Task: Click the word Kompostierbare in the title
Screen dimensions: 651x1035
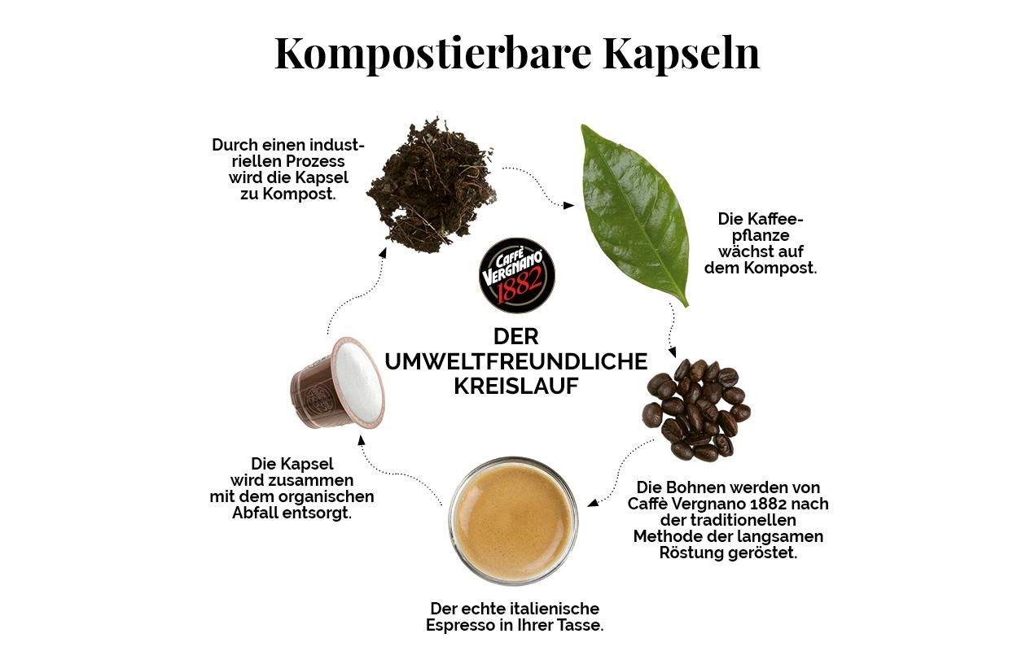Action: pyautogui.click(x=432, y=54)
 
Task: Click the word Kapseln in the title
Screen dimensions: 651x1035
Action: pyautogui.click(x=681, y=54)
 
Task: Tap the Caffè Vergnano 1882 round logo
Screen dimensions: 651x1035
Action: pyautogui.click(x=516, y=276)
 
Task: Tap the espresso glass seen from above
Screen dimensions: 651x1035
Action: pyautogui.click(x=512, y=521)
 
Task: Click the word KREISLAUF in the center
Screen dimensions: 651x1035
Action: pyautogui.click(x=515, y=387)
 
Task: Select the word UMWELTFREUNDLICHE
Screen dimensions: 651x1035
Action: pyautogui.click(x=515, y=361)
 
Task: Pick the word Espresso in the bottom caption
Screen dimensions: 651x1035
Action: pyautogui.click(x=461, y=625)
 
